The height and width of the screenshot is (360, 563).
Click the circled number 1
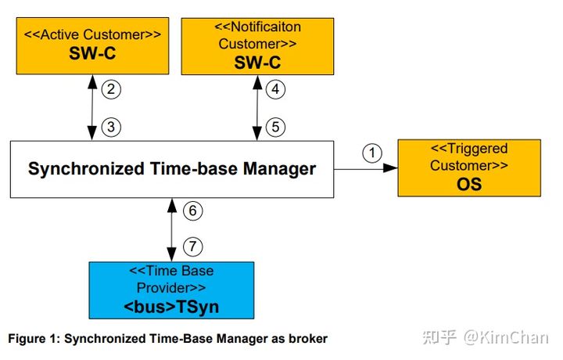click(x=373, y=153)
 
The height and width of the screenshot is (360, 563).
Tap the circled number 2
click(x=112, y=89)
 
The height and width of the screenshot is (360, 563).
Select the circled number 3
click(x=112, y=127)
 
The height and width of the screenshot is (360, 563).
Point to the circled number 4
click(x=274, y=89)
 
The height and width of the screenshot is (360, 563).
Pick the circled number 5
click(x=274, y=127)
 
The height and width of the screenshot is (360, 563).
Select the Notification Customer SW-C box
click(x=257, y=46)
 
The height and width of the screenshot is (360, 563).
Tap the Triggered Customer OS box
click(x=469, y=167)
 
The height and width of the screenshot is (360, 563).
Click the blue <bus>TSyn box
click(x=170, y=289)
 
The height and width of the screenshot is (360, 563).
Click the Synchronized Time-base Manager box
click(x=171, y=169)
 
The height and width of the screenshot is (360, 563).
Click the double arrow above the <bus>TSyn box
click(x=171, y=229)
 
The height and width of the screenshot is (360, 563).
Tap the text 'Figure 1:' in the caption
click(x=34, y=339)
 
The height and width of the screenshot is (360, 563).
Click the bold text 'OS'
click(x=469, y=185)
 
